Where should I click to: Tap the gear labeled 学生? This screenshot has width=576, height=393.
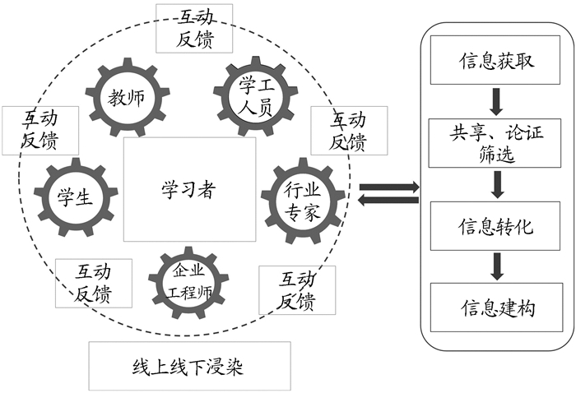tap(73, 197)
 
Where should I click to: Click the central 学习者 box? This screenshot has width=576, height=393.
tap(188, 190)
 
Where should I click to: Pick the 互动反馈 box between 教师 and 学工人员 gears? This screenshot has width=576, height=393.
tap(193, 27)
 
